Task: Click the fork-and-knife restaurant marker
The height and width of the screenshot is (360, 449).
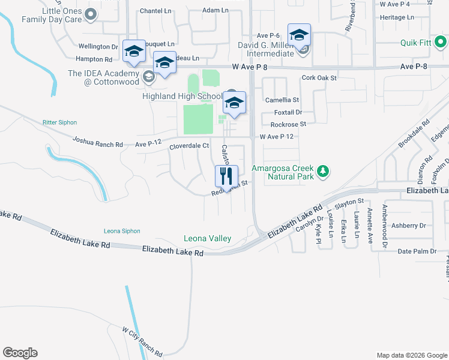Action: pos(226,176)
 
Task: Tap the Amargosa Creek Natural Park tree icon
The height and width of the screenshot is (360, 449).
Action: pos(324,172)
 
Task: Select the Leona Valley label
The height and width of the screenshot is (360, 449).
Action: pos(207,239)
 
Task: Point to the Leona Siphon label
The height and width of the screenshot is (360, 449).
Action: pos(122,231)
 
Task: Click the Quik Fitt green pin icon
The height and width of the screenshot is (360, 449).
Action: pos(441,43)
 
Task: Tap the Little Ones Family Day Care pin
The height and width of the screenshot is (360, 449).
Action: pos(91,15)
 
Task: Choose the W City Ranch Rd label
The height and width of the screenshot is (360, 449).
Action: pos(142,342)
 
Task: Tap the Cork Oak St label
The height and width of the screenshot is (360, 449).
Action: pos(319,78)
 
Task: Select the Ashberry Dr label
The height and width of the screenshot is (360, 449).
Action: pos(408,226)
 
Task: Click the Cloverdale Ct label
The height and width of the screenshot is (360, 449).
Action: pos(188,146)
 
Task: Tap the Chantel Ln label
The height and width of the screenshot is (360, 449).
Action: pos(155,11)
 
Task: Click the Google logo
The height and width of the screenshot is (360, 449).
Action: pos(20,353)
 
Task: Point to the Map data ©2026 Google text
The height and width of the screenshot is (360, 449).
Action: pos(411,355)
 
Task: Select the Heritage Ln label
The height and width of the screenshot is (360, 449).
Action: pos(397,17)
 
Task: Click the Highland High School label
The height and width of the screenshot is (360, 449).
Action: pos(182,96)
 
